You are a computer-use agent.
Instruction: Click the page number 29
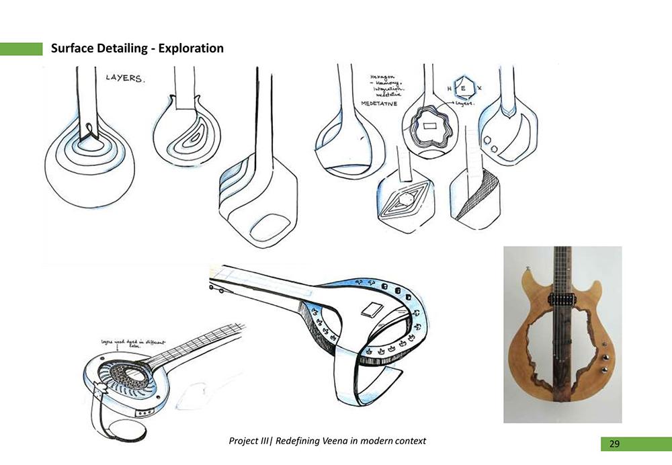[614, 444]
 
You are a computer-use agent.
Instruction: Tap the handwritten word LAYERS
[124, 79]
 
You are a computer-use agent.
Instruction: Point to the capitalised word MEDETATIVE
[380, 104]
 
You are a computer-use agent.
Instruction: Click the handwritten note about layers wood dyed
[125, 343]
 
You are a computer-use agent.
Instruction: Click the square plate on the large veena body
[371, 310]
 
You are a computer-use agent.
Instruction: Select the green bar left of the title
[21, 48]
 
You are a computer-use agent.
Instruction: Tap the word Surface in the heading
[73, 48]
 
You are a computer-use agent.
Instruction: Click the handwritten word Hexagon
[381, 77]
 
